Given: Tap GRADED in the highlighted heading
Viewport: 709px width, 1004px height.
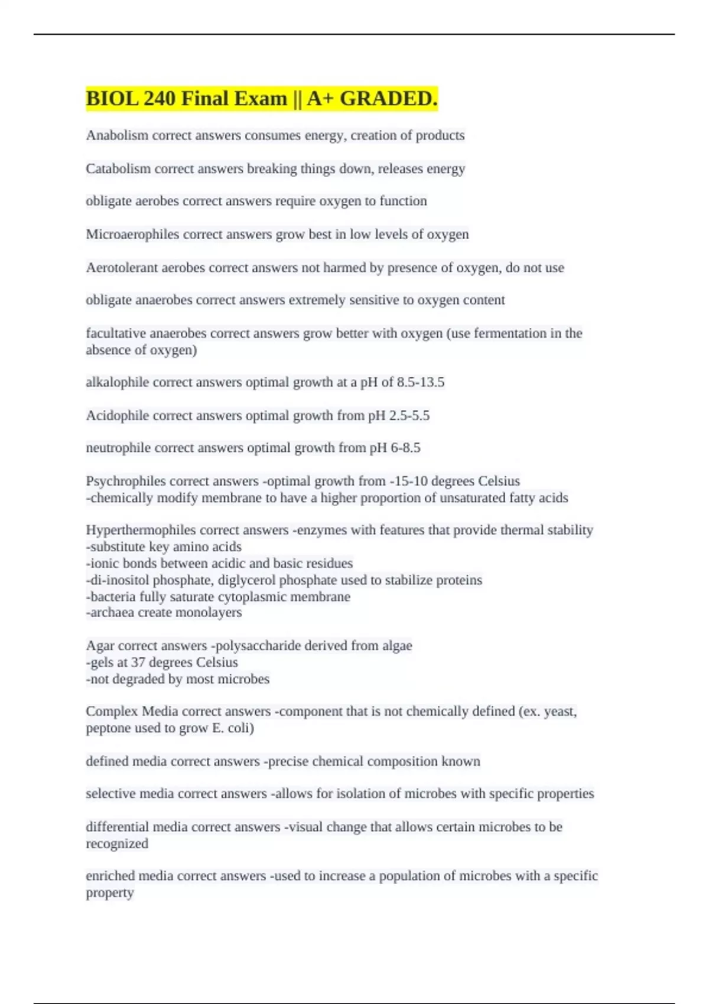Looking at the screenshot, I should (x=388, y=98).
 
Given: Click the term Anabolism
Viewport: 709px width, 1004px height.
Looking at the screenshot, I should (x=117, y=135).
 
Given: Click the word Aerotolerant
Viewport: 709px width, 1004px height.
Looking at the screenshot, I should (x=122, y=268).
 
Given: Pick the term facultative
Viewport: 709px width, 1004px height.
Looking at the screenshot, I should (x=116, y=333).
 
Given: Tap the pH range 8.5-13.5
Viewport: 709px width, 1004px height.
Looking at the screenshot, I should (x=420, y=382).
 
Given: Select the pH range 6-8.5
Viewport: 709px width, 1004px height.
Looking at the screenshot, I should (x=405, y=448).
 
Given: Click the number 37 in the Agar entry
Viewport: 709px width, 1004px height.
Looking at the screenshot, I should (x=138, y=662).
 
